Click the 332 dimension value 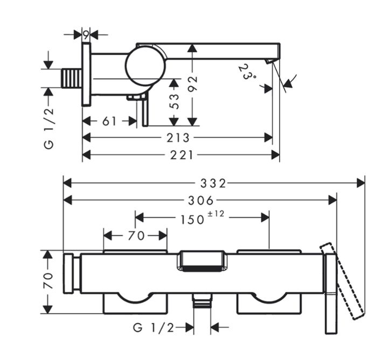213,183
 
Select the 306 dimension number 201,200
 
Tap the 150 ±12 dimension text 202,218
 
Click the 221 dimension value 182,156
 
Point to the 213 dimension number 178,138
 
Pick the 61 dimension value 109,121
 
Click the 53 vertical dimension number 175,101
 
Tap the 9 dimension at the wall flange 86,36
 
